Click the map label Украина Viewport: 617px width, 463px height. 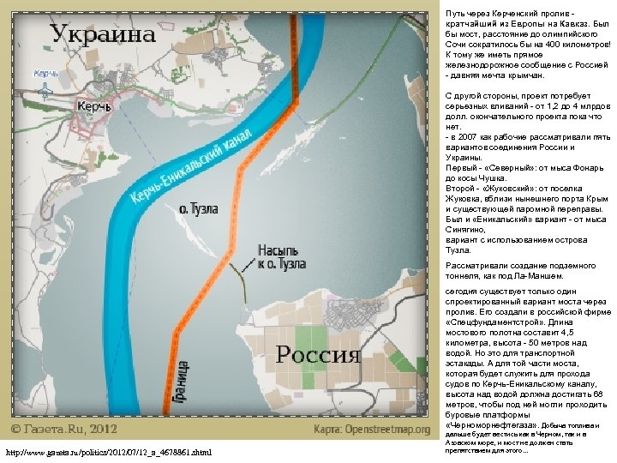tap(103, 35)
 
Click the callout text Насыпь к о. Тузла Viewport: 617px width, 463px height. tap(280, 257)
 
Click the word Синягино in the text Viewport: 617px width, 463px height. tap(468, 231)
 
